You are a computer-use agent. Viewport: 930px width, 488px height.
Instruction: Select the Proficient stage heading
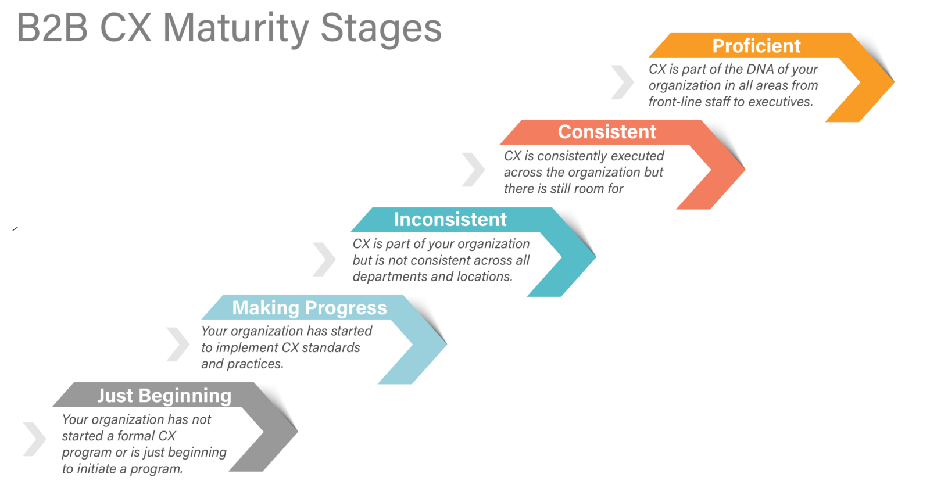[x=756, y=46]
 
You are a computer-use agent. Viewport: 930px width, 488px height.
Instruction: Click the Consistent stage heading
[x=607, y=132]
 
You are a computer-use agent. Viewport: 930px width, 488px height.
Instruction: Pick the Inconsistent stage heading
[x=450, y=220]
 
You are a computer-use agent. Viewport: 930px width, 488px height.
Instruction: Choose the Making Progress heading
[x=309, y=307]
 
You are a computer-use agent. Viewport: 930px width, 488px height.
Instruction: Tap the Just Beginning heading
[x=164, y=396]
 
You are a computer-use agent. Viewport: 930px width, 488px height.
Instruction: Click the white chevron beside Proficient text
[x=623, y=82]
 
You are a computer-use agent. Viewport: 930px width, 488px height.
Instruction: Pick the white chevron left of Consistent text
[x=473, y=170]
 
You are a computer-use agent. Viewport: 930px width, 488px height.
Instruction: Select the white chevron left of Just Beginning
[x=35, y=439]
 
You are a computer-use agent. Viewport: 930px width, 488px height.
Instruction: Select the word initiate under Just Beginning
[x=96, y=469]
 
